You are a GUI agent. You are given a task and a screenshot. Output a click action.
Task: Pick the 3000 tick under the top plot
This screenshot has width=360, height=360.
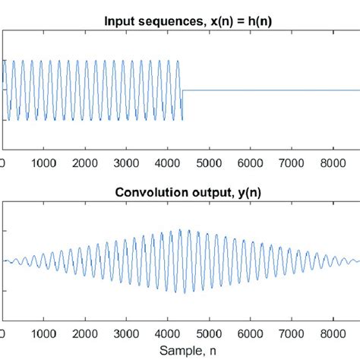(134, 163)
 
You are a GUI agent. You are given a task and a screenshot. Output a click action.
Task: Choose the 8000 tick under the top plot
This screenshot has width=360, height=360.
(349, 163)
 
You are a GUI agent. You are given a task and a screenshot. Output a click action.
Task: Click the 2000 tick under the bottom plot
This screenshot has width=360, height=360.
(89, 332)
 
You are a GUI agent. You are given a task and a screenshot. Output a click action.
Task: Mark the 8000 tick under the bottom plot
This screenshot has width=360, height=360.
(349, 332)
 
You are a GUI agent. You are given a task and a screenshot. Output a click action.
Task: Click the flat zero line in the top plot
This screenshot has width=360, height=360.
(273, 90)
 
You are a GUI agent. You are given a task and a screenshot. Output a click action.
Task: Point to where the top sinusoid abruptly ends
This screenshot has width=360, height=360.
(183, 90)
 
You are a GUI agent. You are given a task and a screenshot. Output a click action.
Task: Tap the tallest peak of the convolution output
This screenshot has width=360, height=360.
(180, 230)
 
